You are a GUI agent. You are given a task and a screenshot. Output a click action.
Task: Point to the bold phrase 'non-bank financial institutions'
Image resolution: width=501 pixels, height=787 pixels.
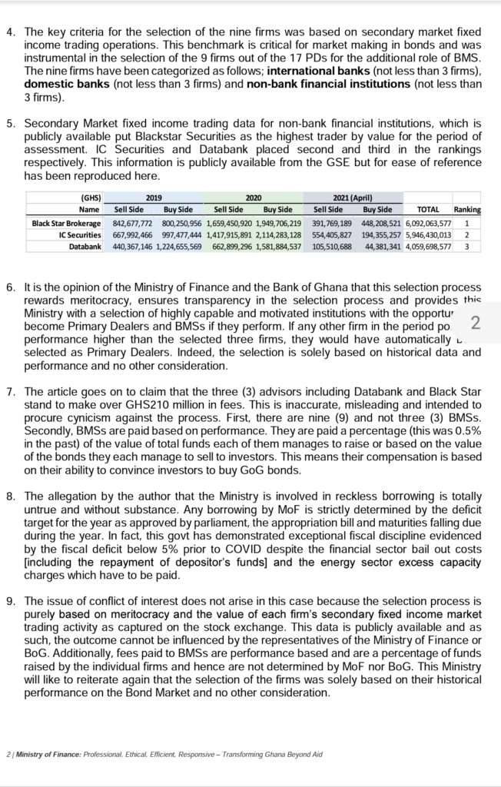click(x=327, y=85)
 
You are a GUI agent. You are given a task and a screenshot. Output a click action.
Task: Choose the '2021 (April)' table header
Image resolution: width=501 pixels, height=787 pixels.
click(x=353, y=198)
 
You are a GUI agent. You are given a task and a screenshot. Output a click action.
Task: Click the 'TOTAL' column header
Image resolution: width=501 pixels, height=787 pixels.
click(x=427, y=210)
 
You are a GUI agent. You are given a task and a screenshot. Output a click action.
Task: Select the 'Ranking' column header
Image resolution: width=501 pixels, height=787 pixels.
click(x=467, y=210)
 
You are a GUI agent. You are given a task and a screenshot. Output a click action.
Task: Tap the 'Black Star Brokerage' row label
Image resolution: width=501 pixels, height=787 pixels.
click(x=66, y=223)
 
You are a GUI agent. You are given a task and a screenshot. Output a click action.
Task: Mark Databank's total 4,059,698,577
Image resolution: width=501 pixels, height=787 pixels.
click(x=427, y=247)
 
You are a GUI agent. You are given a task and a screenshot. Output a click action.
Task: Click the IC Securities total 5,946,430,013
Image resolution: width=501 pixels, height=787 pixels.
click(x=427, y=234)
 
